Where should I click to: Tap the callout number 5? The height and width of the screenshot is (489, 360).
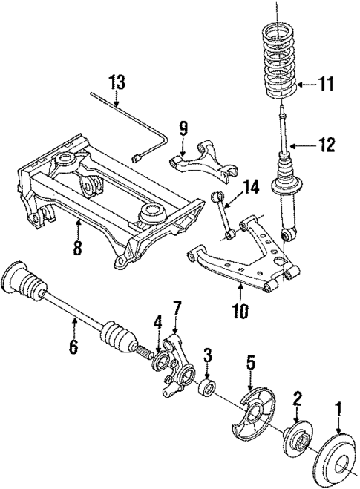coord(250,363)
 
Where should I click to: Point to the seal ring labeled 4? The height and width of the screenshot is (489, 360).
coord(159,361)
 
